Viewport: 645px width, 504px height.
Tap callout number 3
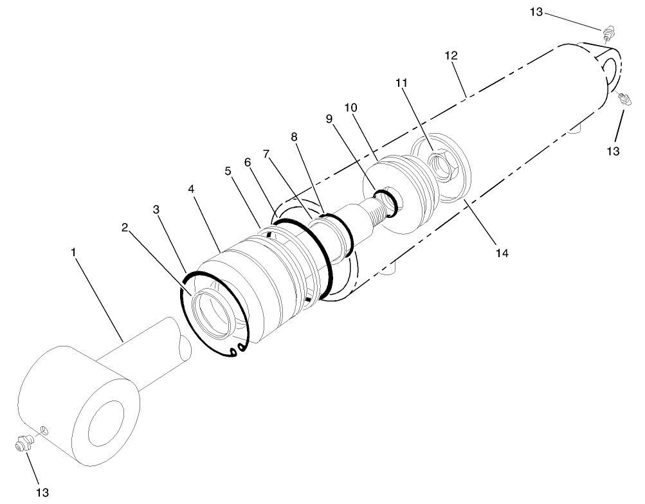(156, 210)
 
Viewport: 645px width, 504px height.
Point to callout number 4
(191, 190)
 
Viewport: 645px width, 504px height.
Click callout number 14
(502, 253)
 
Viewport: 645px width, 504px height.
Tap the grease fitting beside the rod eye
(23, 444)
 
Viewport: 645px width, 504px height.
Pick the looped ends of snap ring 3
(237, 349)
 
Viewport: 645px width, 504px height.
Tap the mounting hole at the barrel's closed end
(612, 66)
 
